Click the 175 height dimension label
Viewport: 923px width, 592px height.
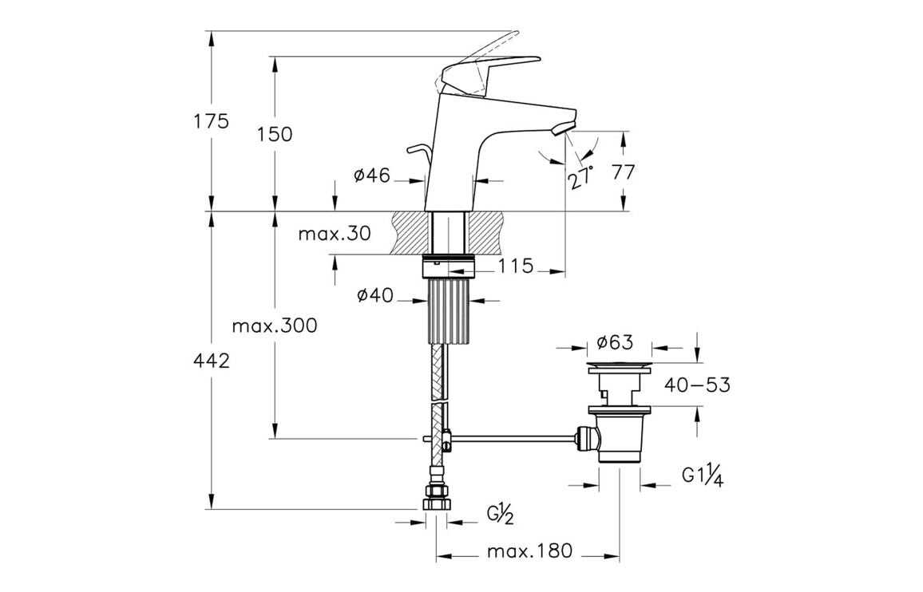(211, 121)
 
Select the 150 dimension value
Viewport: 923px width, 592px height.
(275, 134)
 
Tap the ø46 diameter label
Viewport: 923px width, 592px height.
(371, 176)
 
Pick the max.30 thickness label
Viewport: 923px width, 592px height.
(335, 234)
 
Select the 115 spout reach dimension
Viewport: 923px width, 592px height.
(516, 266)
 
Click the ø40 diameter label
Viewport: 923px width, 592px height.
(374, 296)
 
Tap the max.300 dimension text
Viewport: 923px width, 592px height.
(275, 326)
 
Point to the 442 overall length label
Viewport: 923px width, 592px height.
(212, 361)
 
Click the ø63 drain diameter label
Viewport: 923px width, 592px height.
(615, 343)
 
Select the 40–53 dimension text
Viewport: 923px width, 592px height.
(697, 385)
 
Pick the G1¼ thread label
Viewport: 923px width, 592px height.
(703, 476)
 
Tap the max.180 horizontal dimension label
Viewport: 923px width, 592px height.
(529, 551)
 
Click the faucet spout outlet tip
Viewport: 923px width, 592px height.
(563, 127)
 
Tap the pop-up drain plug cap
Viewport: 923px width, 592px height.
(620, 366)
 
